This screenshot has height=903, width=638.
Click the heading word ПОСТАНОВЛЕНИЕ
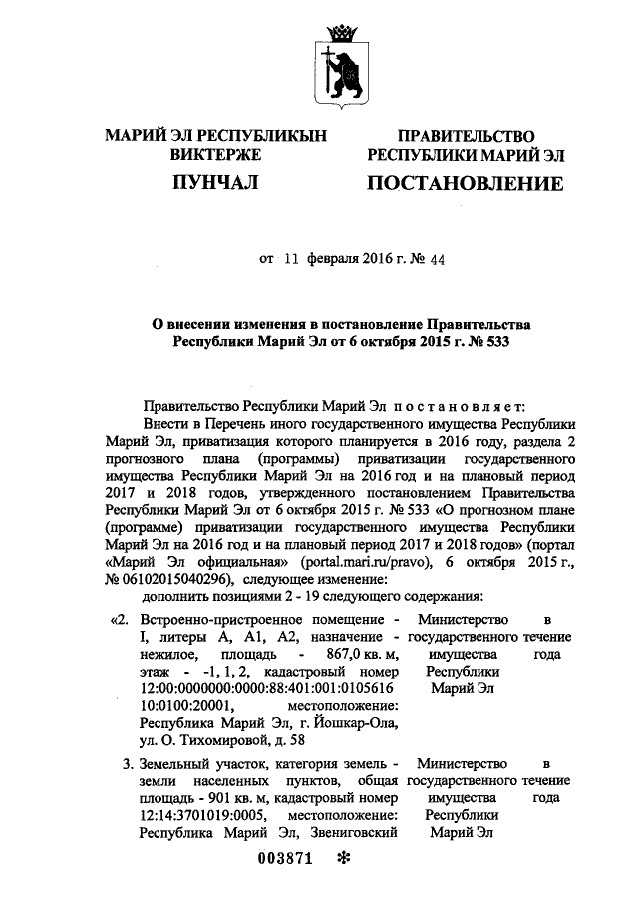pos(465,184)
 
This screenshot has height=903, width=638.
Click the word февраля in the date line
pos(335,259)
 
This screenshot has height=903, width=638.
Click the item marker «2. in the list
pos(118,619)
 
